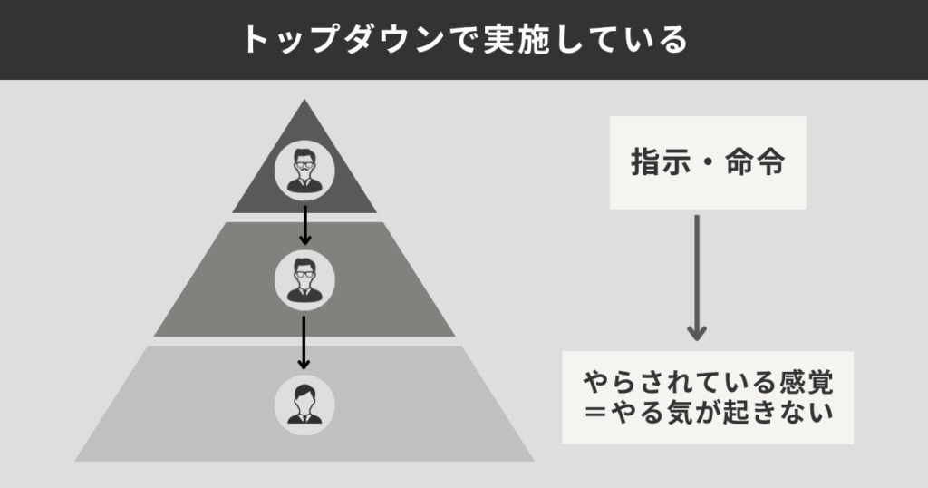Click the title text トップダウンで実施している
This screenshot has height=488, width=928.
click(464, 39)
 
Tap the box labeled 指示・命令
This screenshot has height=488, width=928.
click(707, 163)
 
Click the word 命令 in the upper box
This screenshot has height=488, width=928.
click(755, 163)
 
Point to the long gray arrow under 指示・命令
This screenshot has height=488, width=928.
click(696, 272)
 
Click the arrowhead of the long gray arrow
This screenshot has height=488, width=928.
click(696, 333)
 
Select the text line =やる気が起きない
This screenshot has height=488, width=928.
click(707, 415)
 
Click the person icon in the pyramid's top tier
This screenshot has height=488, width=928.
click(304, 168)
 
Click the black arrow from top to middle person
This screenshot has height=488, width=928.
click(304, 224)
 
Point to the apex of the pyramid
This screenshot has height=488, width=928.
click(304, 101)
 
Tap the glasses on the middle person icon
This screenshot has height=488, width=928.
click(304, 273)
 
